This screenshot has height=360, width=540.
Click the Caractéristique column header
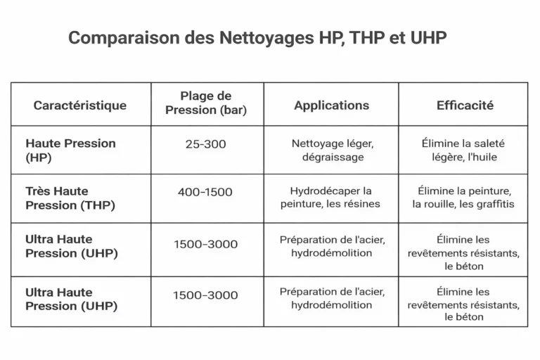click(80, 105)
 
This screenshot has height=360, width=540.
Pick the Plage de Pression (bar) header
click(206, 103)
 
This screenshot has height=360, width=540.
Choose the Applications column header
click(331, 105)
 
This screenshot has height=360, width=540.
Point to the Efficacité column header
click(465, 105)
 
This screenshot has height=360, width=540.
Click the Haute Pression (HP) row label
click(70, 150)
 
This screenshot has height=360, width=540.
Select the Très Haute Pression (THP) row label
click(70, 198)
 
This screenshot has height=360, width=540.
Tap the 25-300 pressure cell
click(207, 143)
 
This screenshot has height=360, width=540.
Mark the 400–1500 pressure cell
click(207, 192)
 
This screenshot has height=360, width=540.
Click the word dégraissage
click(332, 157)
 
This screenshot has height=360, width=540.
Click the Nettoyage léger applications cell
click(332, 150)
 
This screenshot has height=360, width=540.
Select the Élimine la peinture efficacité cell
click(464, 198)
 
